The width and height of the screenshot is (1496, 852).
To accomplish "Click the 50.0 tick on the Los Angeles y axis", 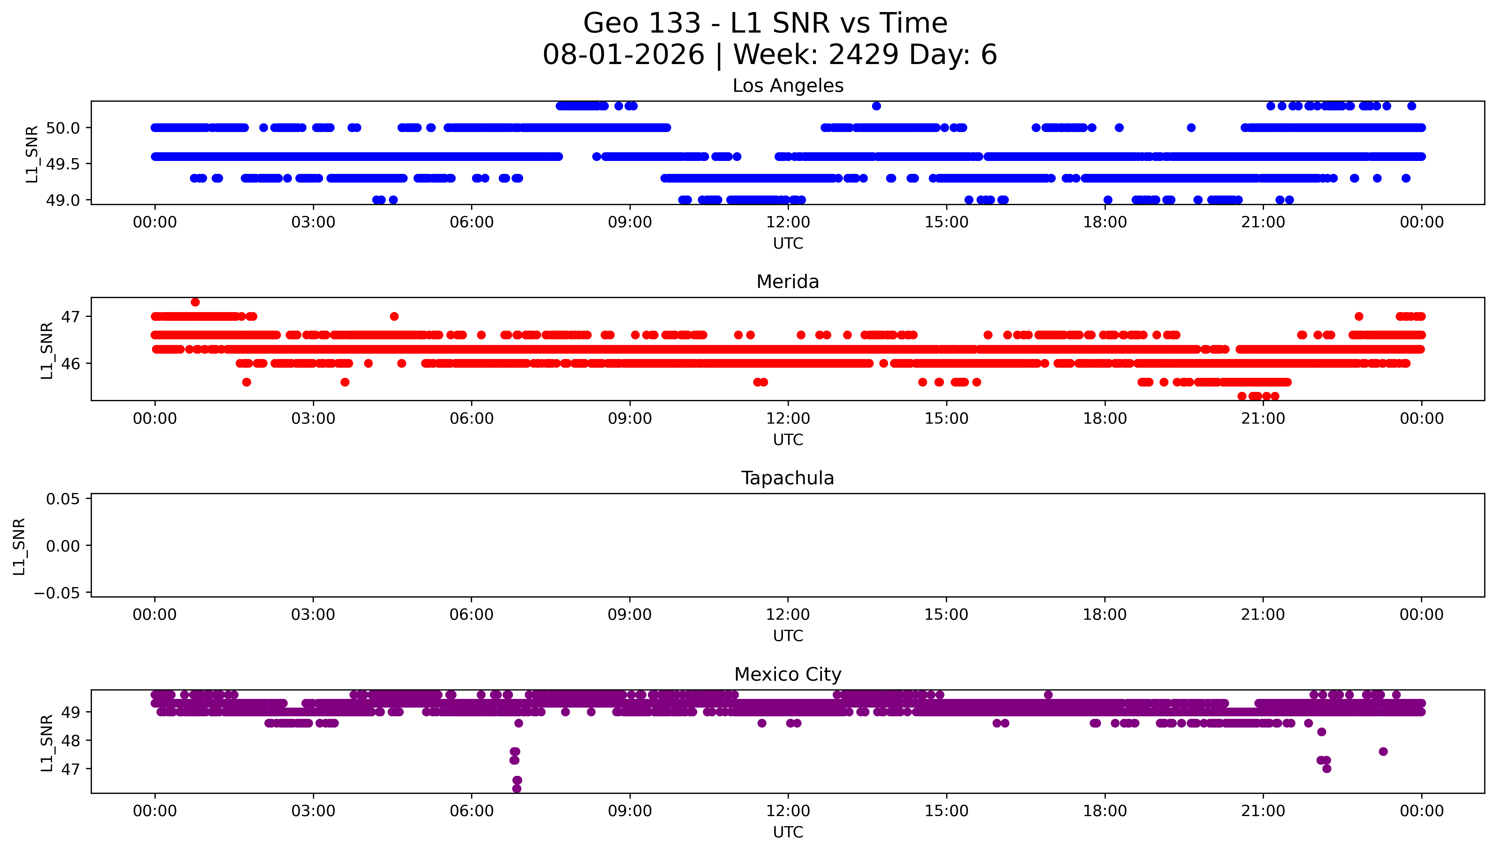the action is tap(63, 128).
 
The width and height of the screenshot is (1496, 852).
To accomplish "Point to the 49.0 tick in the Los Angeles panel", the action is tap(63, 200).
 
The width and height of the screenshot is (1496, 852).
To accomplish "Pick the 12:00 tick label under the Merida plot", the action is tap(788, 418).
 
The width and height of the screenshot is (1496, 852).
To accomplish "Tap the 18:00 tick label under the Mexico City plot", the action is tap(1105, 811).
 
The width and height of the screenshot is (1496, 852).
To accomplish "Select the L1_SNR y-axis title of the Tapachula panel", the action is tap(19, 546).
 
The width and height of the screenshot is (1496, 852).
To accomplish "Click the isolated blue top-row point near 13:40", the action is tap(876, 106).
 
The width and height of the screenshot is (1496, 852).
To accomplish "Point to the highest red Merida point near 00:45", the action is tap(196, 302).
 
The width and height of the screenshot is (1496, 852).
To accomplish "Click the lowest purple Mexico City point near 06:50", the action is tap(517, 789).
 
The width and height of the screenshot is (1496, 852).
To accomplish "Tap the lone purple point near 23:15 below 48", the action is tap(1383, 751).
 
